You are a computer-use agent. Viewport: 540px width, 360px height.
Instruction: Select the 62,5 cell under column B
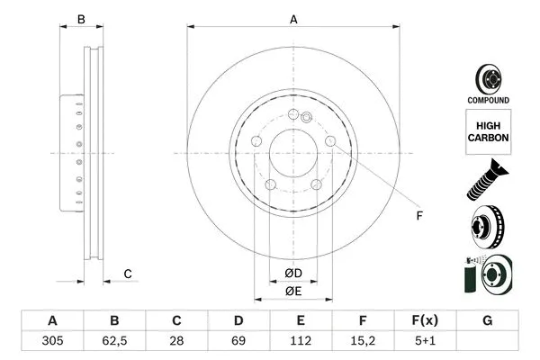point(114,343)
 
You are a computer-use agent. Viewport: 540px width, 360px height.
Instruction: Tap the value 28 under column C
point(176,343)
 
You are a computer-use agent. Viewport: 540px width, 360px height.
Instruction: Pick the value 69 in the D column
point(238,343)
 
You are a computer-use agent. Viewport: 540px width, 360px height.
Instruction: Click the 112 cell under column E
point(301,343)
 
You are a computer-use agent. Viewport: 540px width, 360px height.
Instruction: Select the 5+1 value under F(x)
point(426,343)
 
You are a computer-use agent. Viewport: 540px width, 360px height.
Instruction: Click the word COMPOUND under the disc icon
point(488,100)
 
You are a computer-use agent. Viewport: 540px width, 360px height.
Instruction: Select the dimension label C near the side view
point(128,274)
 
